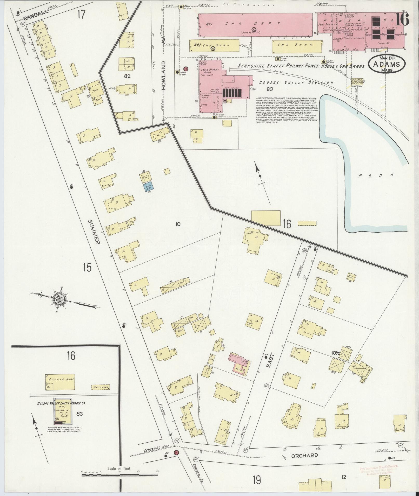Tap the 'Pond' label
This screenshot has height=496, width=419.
pyautogui.click(x=376, y=176)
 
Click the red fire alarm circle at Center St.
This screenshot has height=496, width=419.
pyautogui.click(x=176, y=460)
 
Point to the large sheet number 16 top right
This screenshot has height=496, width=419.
pyautogui.click(x=402, y=19)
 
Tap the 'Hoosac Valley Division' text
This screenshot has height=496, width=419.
pyautogui.click(x=296, y=82)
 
